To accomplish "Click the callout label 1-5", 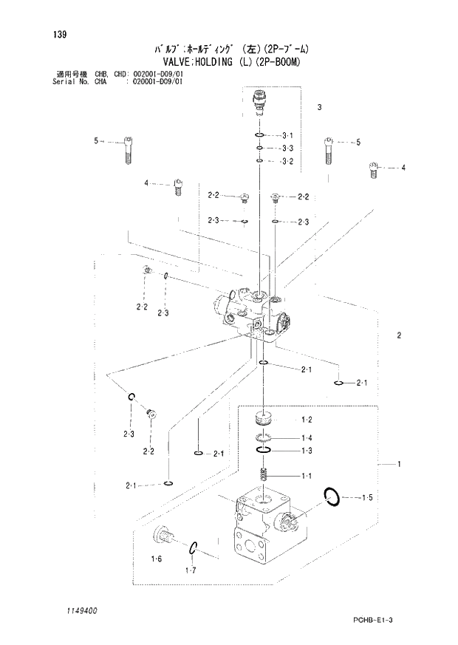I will coord(367,499).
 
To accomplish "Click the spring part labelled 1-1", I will coord(264,475).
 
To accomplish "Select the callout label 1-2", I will coord(307,420).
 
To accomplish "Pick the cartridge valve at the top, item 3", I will coord(259,100).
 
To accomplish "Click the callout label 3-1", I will coord(288,135).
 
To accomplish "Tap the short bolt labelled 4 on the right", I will coord(373,170).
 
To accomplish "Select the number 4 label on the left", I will coord(146,182).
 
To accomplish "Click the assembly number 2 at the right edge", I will coord(398,335).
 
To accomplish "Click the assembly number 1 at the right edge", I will coord(398,464).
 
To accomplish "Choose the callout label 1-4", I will coord(307,437).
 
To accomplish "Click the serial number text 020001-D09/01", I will coord(157,81).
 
